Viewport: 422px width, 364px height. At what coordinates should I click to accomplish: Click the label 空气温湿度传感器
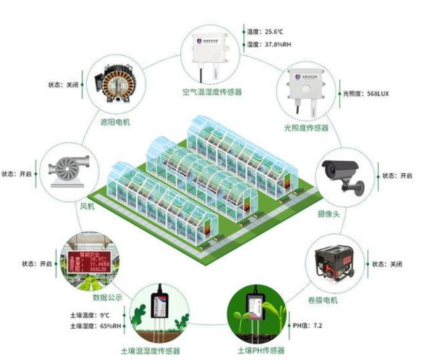(212, 93)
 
